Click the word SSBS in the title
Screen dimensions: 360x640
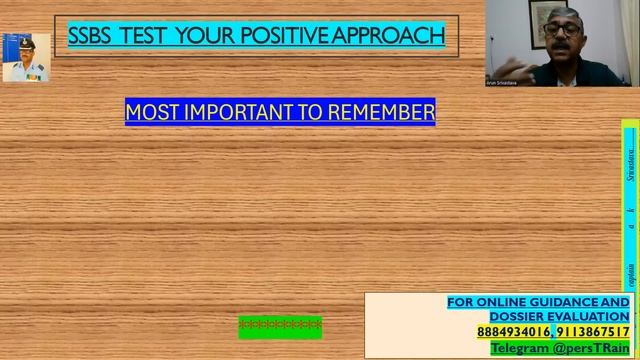point(90,36)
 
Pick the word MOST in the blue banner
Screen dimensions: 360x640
point(152,112)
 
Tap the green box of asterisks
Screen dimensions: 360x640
point(280,326)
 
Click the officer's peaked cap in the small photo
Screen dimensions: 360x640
point(25,42)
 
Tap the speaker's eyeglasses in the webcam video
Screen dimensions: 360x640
point(566,29)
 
